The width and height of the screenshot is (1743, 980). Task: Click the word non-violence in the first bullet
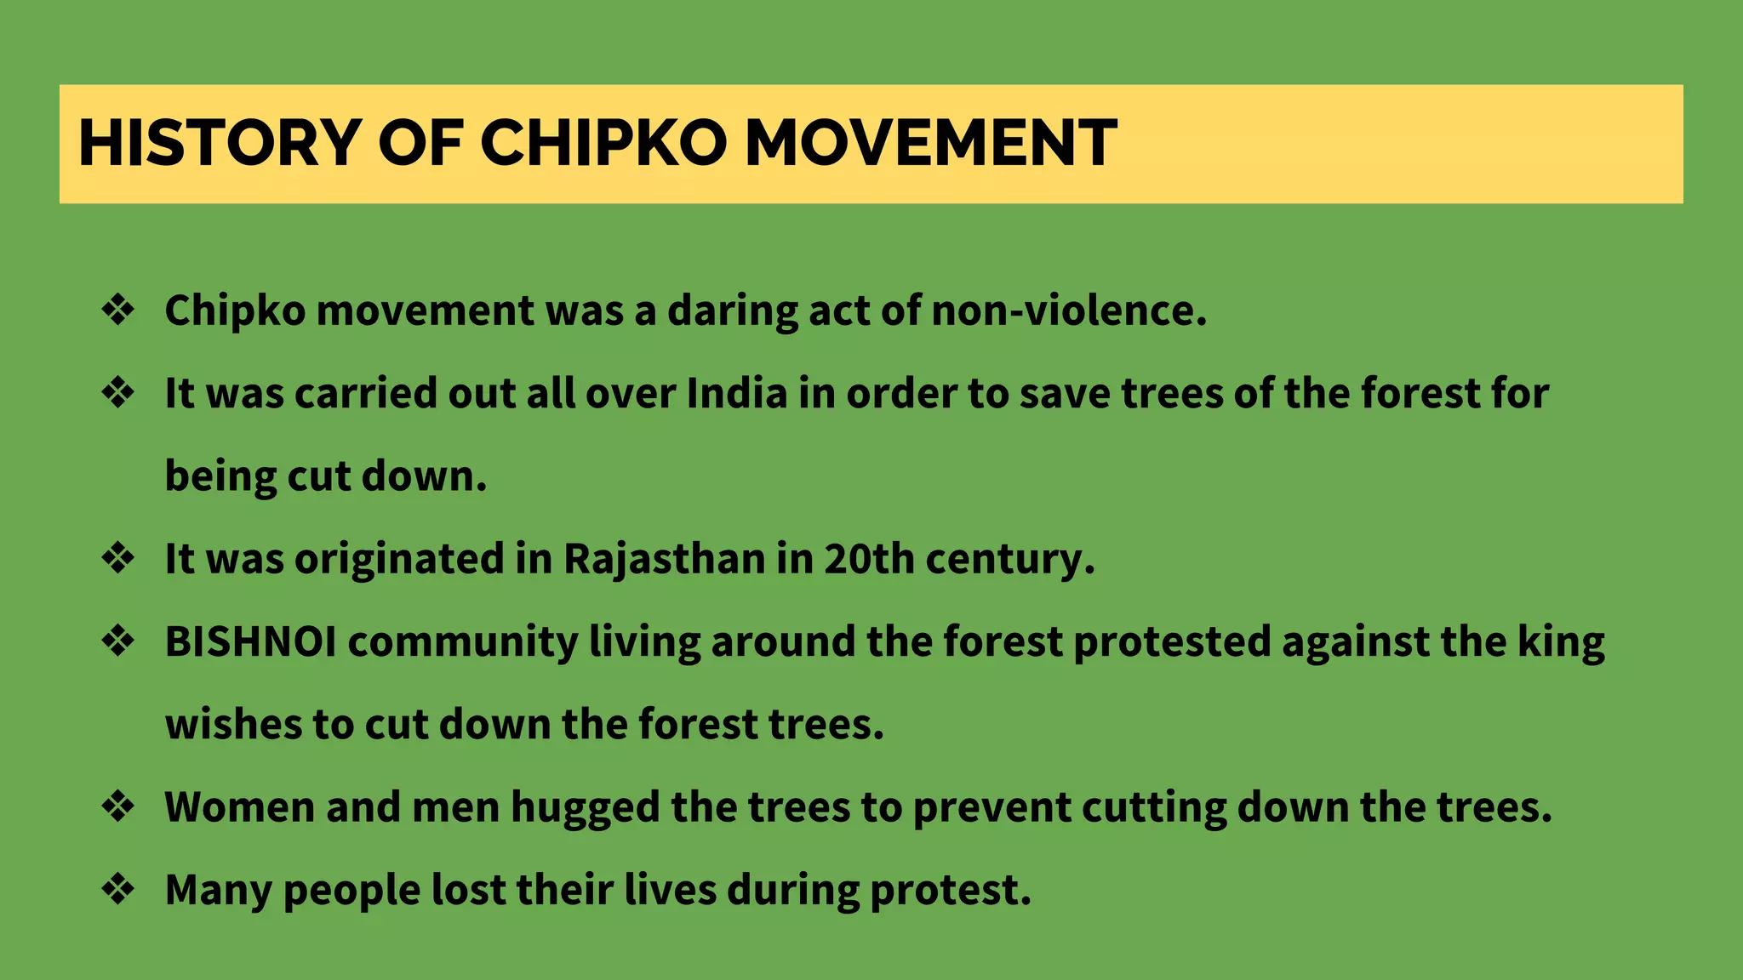pos(1069,311)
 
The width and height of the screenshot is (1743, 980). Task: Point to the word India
pos(737,394)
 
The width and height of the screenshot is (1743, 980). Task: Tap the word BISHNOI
pos(250,642)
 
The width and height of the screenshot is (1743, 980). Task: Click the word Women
pos(239,807)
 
